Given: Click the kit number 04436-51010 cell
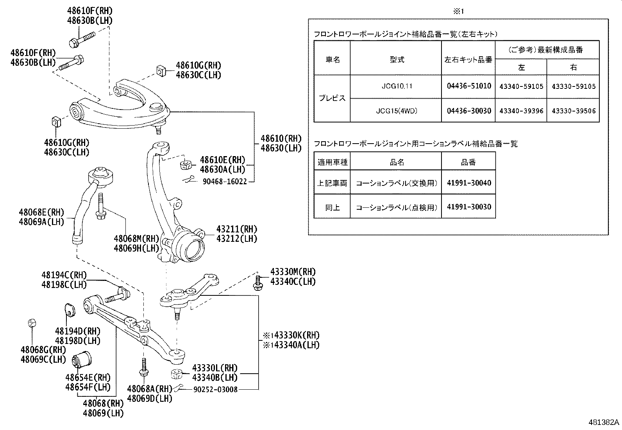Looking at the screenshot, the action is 469,86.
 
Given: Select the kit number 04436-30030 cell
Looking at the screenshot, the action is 469,111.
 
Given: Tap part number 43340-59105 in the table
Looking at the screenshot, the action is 521,86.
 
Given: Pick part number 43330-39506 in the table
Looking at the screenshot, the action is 574,111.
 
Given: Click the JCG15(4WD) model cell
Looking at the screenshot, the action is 397,111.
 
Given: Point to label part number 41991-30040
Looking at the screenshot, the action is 469,183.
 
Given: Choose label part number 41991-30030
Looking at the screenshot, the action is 469,207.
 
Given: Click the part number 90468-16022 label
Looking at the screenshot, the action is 225,182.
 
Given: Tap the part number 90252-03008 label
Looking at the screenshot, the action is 216,389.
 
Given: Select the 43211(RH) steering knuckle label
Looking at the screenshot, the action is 237,229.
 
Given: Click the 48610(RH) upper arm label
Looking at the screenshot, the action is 281,139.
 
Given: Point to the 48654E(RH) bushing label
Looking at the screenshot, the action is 88,378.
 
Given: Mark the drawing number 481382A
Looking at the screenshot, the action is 604,422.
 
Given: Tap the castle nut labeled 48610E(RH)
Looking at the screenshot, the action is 186,165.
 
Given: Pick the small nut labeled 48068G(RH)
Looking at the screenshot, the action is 32,323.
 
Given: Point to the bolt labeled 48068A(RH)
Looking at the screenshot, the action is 143,367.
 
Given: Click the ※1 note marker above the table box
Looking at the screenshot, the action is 458,11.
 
